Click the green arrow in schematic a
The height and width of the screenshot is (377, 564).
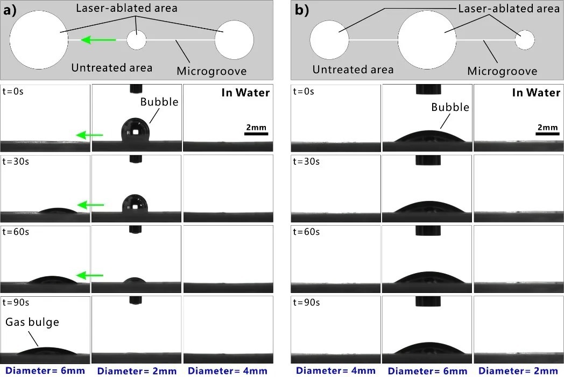tap(98, 40)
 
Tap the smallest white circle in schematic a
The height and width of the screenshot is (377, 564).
tap(137, 40)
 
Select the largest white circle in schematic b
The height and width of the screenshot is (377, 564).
tap(427, 40)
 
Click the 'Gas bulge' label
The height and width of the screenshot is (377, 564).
tap(32, 322)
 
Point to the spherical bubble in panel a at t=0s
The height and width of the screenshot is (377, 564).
tap(135, 129)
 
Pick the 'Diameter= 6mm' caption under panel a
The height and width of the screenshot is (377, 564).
tap(45, 371)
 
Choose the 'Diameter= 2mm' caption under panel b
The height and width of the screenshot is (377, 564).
tap(518, 371)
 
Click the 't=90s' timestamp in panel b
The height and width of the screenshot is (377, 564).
tap(306, 303)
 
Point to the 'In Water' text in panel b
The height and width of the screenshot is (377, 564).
tap(536, 93)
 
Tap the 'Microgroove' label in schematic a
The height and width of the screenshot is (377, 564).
tap(211, 71)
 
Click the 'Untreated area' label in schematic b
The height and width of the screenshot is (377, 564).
tap(353, 69)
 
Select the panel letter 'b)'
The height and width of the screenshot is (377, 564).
tap(301, 10)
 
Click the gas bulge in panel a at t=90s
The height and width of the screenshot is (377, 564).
tap(46, 351)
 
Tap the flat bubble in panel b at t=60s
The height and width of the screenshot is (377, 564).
tap(428, 277)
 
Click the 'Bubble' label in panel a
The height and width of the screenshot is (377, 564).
tap(159, 102)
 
